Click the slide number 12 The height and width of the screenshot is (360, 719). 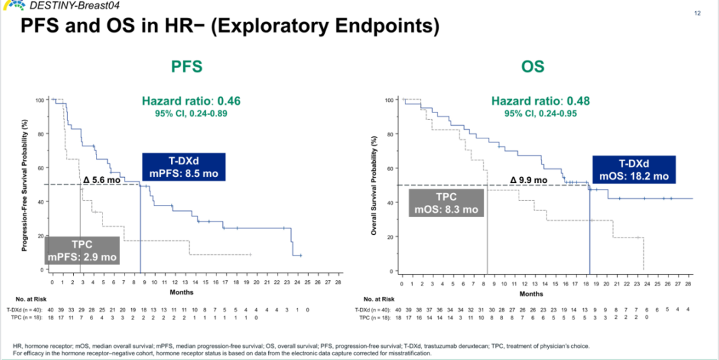click(698, 13)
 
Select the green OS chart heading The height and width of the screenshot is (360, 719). click(533, 67)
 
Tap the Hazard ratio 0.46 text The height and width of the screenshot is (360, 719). click(191, 101)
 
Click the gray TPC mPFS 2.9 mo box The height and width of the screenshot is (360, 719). click(82, 251)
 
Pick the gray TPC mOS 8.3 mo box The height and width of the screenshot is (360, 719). click(446, 202)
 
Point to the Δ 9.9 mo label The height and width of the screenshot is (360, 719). click(529, 180)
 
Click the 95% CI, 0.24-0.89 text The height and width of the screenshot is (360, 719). click(191, 114)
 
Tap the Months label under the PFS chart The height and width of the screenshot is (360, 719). click(181, 292)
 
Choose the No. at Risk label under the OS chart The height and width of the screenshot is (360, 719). click(379, 299)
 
